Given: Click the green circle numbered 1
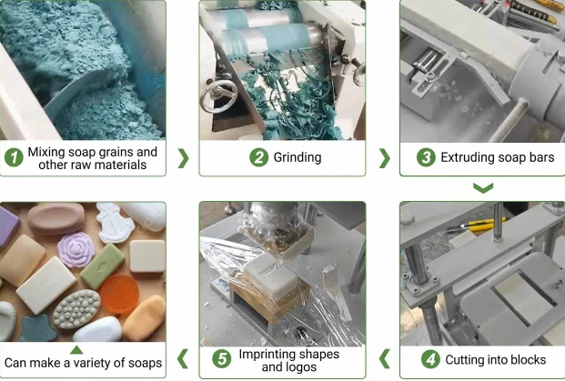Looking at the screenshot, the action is tap(14, 157).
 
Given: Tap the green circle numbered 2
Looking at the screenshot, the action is tap(258, 157).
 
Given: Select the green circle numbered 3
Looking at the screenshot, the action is tap(426, 157).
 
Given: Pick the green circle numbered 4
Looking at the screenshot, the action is tap(430, 359).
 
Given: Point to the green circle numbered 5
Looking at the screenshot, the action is tap(222, 359).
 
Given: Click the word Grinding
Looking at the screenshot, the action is tap(298, 157).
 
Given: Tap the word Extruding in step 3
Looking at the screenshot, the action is tap(464, 157).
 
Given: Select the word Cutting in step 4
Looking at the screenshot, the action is tap(463, 359).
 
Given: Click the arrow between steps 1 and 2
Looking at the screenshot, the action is tap(184, 158).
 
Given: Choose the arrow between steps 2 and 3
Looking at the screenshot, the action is tap(385, 158).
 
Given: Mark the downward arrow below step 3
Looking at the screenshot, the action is tap(483, 188).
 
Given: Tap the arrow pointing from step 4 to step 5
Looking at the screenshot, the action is tap(385, 358).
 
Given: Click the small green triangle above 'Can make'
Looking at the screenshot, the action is tap(76, 350).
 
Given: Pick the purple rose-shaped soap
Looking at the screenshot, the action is tap(76, 249).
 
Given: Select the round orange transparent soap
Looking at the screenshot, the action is tap(120, 294).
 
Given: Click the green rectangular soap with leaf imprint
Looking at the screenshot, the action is tap(102, 266).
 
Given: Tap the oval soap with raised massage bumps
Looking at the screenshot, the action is tap(76, 309).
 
